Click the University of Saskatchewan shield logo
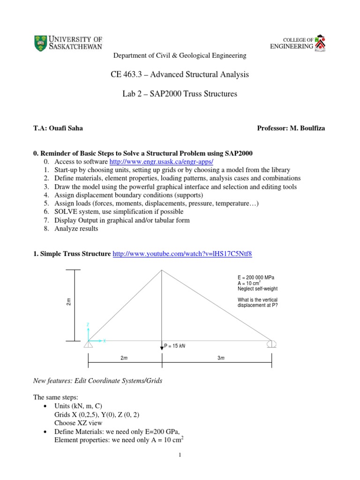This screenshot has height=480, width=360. pos(41,43)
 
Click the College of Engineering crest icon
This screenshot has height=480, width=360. pos(321,43)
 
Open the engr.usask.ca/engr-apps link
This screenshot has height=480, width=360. pos(161,161)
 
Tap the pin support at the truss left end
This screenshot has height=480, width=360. pos(88,345)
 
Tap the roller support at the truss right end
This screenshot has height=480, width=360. pos(271,345)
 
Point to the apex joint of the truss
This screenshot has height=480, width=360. pos(162,270)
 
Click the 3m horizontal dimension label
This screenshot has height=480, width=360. pos(221,359)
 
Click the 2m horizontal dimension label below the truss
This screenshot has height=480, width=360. pos(124,359)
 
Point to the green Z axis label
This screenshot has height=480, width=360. pos(88,324)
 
